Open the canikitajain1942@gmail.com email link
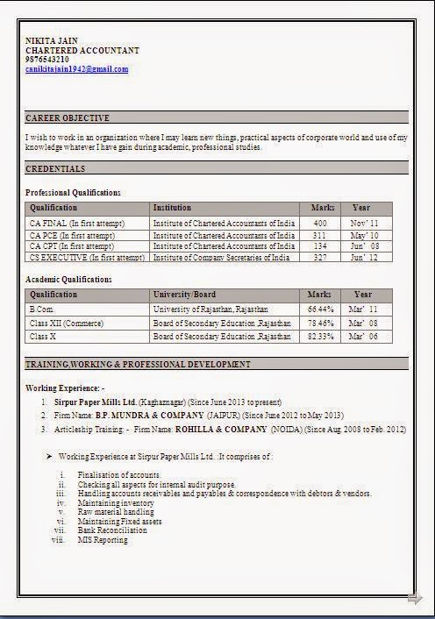point(77,68)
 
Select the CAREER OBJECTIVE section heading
point(68,117)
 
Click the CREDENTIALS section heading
point(56,168)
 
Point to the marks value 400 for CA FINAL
point(319,224)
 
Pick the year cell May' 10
point(364,236)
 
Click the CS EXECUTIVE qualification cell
point(87,258)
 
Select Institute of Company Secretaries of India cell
point(221,258)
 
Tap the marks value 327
point(320,258)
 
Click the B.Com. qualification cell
point(42,309)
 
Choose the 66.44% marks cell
point(320,309)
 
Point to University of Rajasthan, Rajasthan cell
point(210,309)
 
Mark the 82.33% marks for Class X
point(320,337)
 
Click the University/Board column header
point(184,295)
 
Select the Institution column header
point(172,208)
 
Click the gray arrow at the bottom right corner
point(415,599)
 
